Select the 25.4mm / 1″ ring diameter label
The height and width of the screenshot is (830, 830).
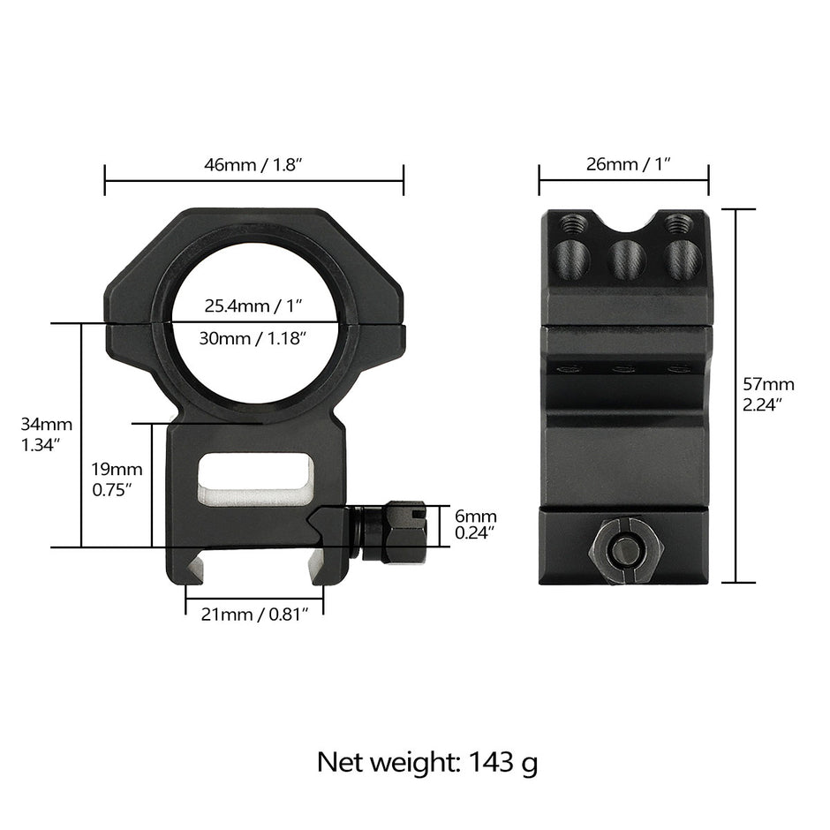pyautogui.click(x=253, y=306)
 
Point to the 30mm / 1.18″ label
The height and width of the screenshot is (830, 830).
pyautogui.click(x=253, y=337)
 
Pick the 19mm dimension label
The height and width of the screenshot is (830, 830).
pyautogui.click(x=116, y=479)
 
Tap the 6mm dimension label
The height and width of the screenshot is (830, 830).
pyautogui.click(x=475, y=524)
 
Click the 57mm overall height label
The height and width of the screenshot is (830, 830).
pyautogui.click(x=768, y=393)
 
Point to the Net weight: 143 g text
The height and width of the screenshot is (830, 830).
pyautogui.click(x=427, y=761)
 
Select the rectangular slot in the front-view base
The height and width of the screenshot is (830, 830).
pyautogui.click(x=256, y=482)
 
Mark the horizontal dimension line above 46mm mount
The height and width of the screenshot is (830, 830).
pyautogui.click(x=253, y=181)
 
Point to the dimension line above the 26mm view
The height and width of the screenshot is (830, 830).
pyautogui.click(x=623, y=181)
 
